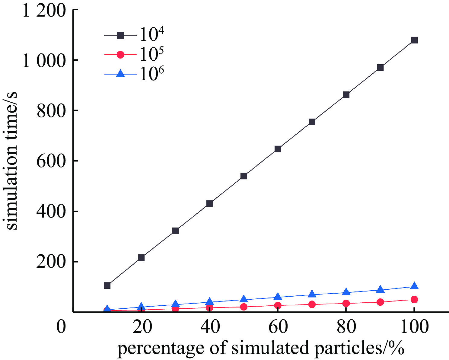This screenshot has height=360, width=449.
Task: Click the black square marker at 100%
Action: click(x=414, y=40)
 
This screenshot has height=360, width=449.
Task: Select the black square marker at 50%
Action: click(x=244, y=176)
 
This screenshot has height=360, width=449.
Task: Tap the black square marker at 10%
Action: click(x=107, y=285)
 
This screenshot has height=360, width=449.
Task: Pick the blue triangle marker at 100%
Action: click(x=414, y=286)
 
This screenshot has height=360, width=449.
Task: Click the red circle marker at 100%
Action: click(x=414, y=299)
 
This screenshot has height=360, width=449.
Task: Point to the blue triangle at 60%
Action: click(x=278, y=297)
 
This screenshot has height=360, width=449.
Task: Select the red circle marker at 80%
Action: click(x=346, y=303)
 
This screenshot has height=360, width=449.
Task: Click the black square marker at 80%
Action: click(x=346, y=95)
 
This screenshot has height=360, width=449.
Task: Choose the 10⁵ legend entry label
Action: click(x=152, y=55)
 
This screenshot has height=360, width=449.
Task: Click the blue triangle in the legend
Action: click(x=120, y=73)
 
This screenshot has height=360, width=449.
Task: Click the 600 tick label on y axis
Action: click(x=51, y=161)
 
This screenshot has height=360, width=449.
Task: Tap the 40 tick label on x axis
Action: click(x=209, y=327)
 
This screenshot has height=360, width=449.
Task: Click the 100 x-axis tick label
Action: click(x=414, y=327)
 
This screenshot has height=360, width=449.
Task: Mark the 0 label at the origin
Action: click(x=61, y=327)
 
